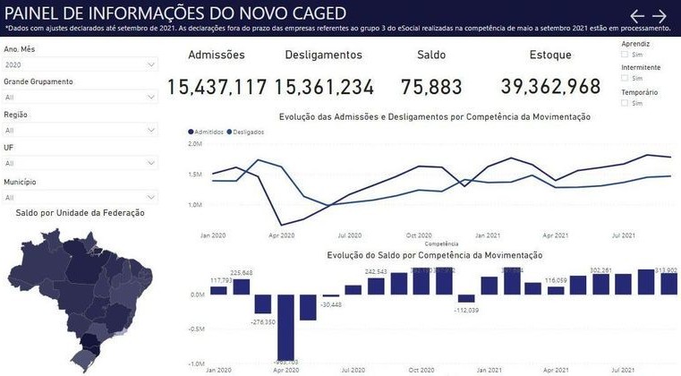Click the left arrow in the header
[x=637, y=16]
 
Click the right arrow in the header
[x=660, y=16]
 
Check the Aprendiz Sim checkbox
[x=625, y=55]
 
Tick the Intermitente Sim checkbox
[x=625, y=79]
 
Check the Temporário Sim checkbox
[x=625, y=103]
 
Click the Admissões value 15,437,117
[x=217, y=87]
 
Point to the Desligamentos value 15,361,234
[x=324, y=87]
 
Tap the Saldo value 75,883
[x=432, y=87]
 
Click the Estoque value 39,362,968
[x=550, y=87]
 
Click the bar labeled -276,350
[x=263, y=304]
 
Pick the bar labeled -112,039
[x=466, y=298]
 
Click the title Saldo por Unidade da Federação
[x=81, y=213]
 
